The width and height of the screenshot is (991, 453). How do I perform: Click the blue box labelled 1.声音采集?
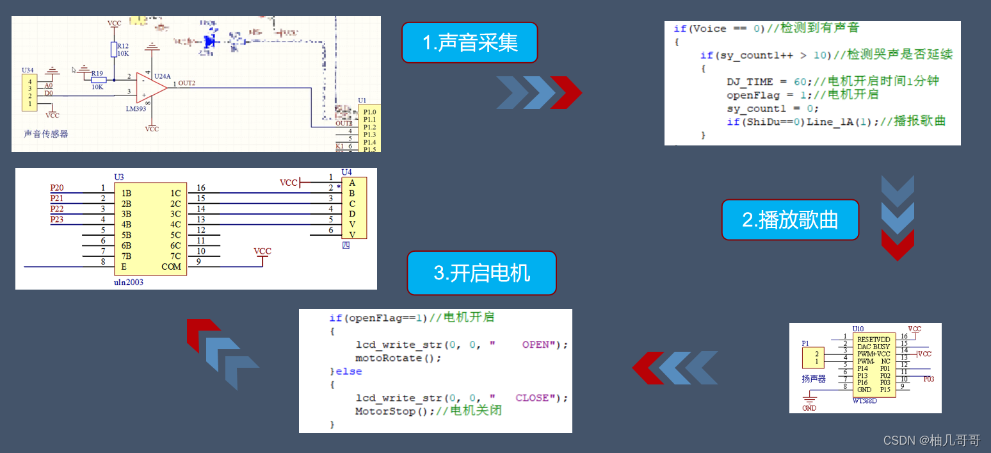pyautogui.click(x=469, y=42)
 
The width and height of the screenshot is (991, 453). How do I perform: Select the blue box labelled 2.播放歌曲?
pyautogui.click(x=790, y=220)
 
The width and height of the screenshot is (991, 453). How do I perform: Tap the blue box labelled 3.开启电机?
pyautogui.click(x=481, y=273)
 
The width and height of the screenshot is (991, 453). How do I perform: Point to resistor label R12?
pyautogui.click(x=122, y=46)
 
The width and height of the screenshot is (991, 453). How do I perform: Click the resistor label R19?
pyautogui.click(x=97, y=73)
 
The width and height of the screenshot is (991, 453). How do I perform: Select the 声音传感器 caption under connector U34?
pyautogui.click(x=46, y=134)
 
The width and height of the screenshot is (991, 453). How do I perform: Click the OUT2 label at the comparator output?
pyautogui.click(x=187, y=83)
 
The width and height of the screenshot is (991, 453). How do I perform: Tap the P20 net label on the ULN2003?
pyautogui.click(x=57, y=188)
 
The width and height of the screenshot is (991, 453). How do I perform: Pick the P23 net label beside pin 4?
pyautogui.click(x=57, y=220)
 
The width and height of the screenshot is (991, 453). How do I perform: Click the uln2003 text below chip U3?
pyautogui.click(x=129, y=281)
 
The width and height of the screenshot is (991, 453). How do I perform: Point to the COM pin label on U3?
pyautogui.click(x=172, y=267)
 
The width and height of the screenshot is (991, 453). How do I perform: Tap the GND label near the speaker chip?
pyautogui.click(x=809, y=408)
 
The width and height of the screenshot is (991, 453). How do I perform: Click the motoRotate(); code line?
pyautogui.click(x=398, y=358)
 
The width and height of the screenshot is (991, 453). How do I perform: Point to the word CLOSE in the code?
pyautogui.click(x=532, y=398)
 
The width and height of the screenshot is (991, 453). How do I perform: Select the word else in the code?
pyautogui.click(x=349, y=372)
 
